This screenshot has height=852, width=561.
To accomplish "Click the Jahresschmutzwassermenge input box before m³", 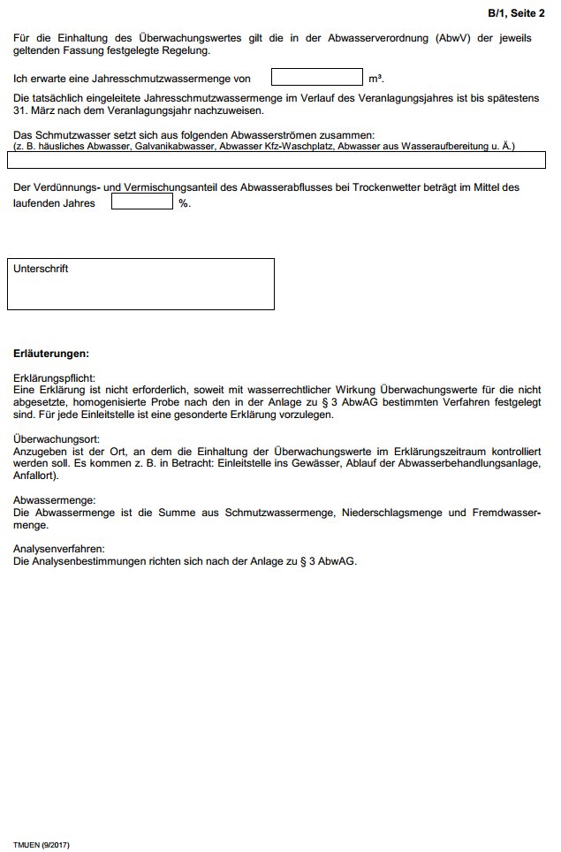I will [317, 77].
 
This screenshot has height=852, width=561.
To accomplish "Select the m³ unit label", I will [375, 79].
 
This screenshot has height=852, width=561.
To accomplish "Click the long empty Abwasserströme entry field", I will [276, 160].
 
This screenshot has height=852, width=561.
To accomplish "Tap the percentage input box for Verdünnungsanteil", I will [141, 202].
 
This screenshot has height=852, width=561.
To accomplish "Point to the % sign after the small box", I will [184, 203].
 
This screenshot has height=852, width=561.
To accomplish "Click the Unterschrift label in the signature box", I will [41, 269].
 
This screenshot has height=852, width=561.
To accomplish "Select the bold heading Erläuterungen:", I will [50, 354].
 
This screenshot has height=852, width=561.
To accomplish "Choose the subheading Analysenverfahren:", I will [59, 549].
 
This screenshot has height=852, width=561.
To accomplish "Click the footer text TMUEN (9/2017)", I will [41, 845].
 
